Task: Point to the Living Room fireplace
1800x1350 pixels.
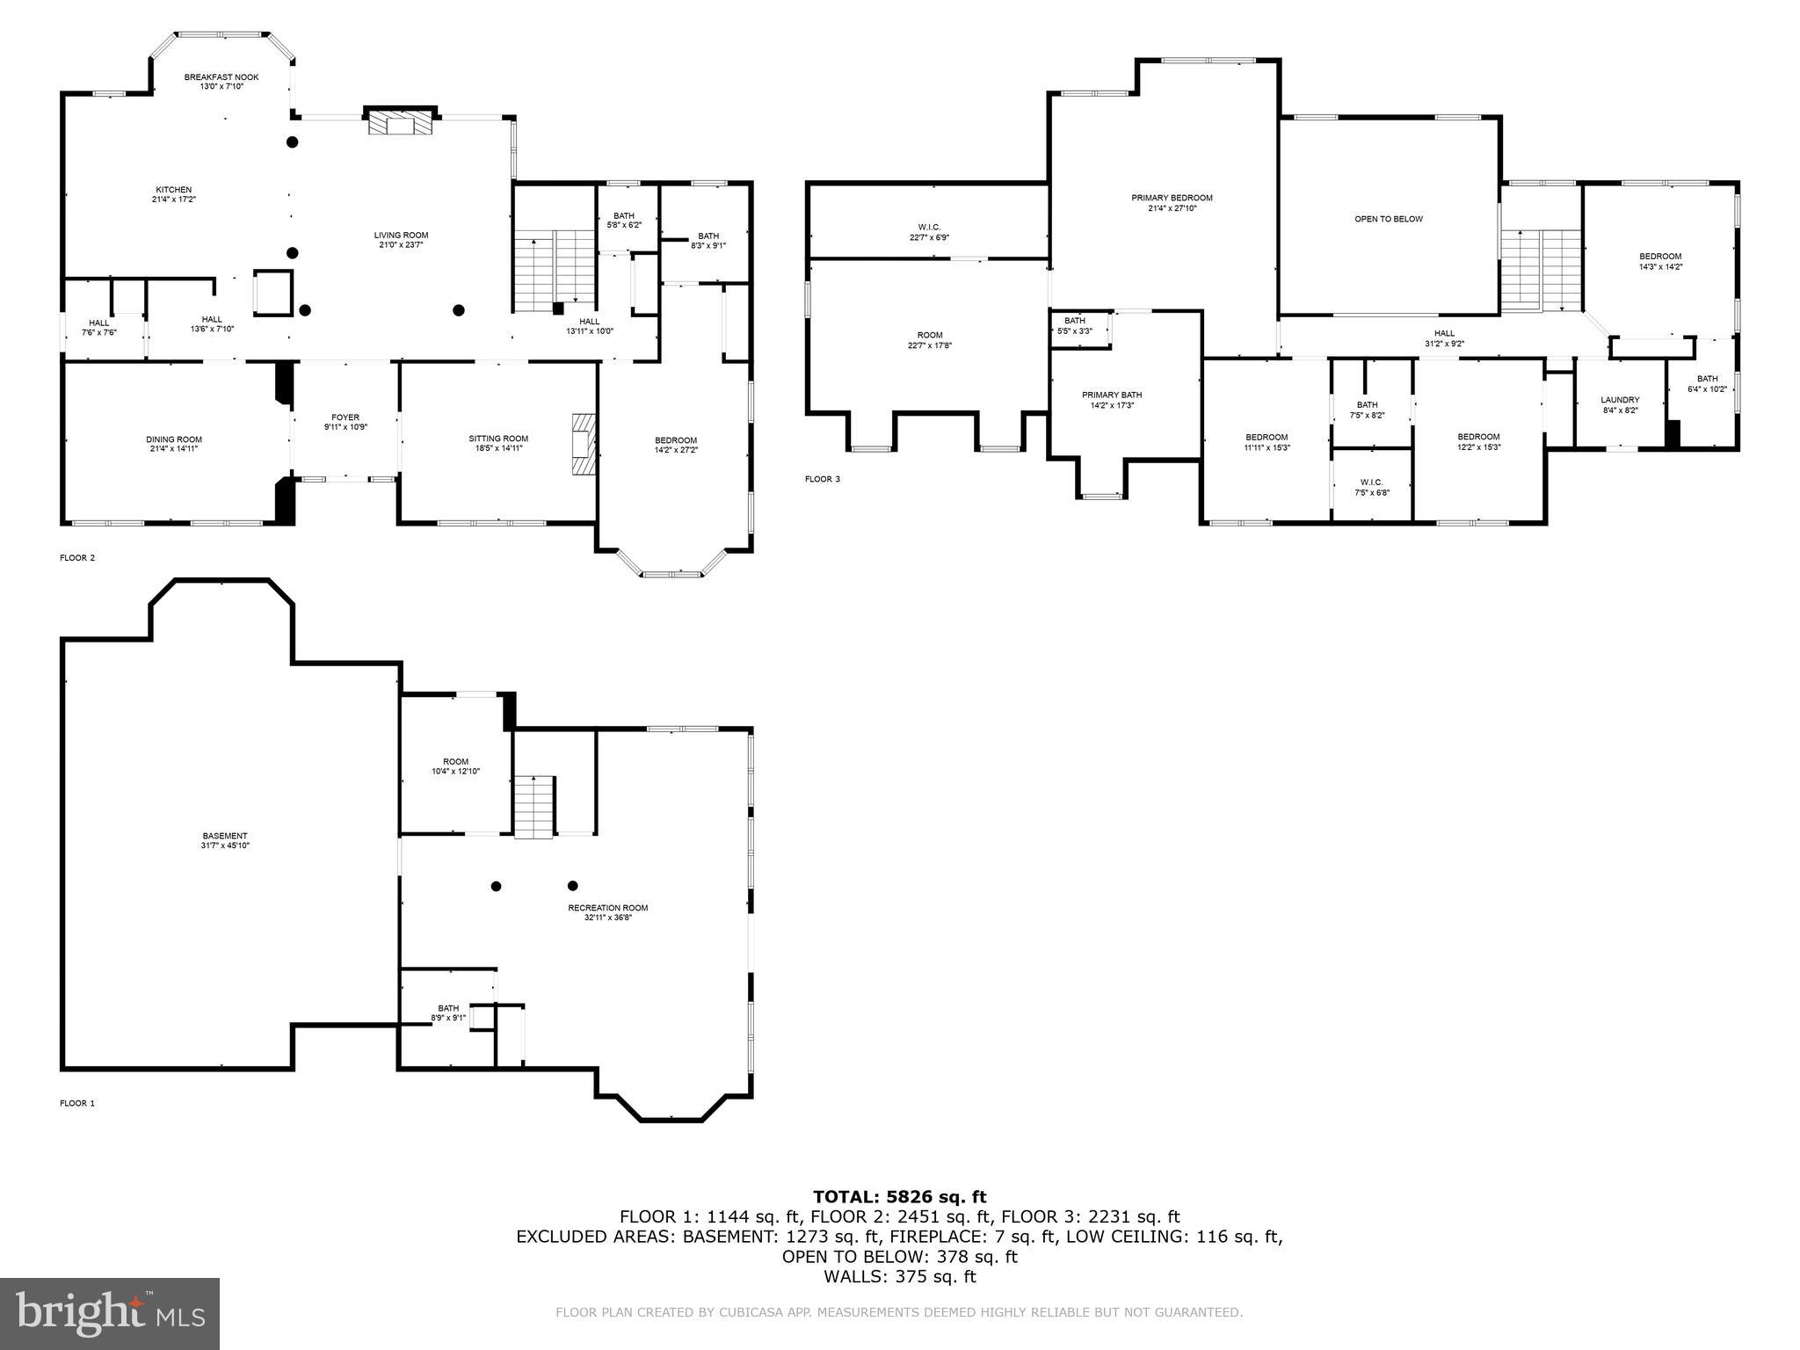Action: tap(401, 123)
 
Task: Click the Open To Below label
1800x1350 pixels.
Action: tap(1388, 219)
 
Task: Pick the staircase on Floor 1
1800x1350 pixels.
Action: tap(534, 807)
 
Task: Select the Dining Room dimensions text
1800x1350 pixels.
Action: tap(174, 449)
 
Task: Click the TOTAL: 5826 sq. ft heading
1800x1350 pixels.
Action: tap(899, 1197)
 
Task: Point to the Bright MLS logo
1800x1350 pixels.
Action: tap(110, 1313)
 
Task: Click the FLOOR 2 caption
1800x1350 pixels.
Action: tap(77, 557)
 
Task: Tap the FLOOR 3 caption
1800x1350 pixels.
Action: tap(823, 479)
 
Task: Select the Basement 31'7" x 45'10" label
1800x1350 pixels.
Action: tap(225, 841)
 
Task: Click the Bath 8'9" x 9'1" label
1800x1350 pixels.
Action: tap(448, 1012)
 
